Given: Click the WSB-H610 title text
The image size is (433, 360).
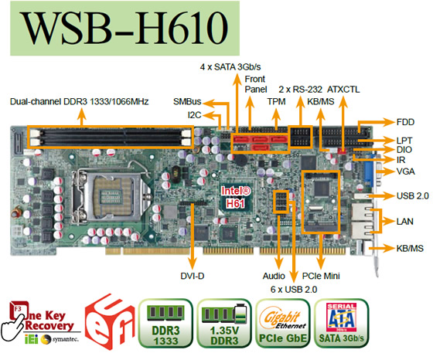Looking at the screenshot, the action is click(125, 28).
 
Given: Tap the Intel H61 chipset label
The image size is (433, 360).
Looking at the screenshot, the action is click(236, 197).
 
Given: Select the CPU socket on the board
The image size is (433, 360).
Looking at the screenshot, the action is click(111, 195).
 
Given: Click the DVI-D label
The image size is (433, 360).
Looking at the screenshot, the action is click(193, 276).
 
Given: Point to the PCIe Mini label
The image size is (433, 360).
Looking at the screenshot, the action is click(321, 276).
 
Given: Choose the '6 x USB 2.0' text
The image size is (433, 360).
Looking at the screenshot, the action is click(294, 290).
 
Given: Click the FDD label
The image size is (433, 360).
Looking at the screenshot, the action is click(405, 122).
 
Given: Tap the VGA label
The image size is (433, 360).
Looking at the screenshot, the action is click(405, 172).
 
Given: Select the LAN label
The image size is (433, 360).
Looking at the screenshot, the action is click(405, 221).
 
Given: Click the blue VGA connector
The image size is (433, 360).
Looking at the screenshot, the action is click(369, 172).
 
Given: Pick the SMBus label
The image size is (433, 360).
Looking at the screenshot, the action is click(187, 101).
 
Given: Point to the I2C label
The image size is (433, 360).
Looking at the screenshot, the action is click(194, 115).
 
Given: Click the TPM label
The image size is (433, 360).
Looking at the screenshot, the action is click(276, 101).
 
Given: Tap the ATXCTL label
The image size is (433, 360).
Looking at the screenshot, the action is click(343, 90).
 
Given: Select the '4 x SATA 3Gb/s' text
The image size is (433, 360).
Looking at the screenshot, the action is click(230, 66).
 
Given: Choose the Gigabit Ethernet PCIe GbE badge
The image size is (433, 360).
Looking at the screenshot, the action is click(283, 324).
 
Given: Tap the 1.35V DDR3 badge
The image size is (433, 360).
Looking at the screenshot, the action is click(224, 324).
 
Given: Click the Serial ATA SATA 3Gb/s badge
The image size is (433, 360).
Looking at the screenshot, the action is click(341, 324).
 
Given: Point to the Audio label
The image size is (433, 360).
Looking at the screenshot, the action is click(274, 276).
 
